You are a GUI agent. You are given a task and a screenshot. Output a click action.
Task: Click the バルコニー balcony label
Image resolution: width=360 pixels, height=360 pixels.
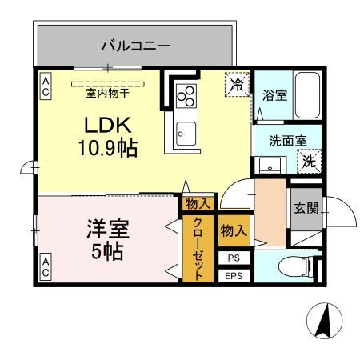(x=135, y=46)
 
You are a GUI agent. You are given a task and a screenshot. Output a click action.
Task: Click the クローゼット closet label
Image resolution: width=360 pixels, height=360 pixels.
(x=198, y=250)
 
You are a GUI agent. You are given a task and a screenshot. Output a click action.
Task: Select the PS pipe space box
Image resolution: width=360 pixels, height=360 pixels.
(x=233, y=258)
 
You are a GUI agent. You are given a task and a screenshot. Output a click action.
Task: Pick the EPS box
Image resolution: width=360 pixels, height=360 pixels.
(x=233, y=276)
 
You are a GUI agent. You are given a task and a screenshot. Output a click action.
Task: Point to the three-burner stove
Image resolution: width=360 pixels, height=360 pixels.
(x=186, y=94)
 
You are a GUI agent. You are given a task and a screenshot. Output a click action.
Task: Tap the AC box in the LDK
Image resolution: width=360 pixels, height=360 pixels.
(x=45, y=86)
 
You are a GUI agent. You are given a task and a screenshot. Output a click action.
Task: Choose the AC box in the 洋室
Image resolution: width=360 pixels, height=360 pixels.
(x=45, y=267)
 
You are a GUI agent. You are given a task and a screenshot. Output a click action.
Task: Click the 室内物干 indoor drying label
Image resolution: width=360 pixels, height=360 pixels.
(x=107, y=91)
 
